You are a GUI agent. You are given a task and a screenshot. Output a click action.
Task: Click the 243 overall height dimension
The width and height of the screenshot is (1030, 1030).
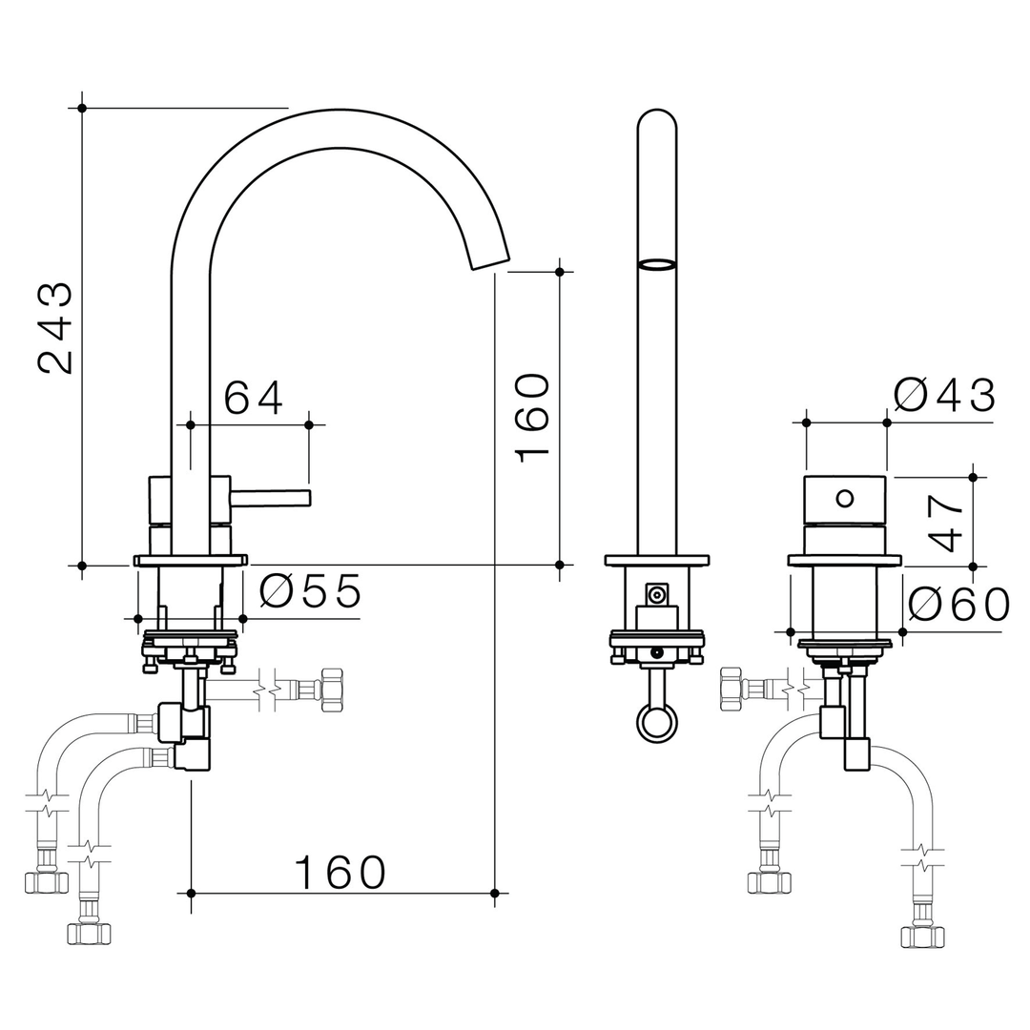(x=55, y=327)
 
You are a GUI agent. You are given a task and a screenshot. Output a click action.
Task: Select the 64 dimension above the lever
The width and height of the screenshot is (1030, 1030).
(x=253, y=398)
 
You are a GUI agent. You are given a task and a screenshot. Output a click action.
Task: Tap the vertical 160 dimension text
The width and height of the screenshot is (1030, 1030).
(x=532, y=418)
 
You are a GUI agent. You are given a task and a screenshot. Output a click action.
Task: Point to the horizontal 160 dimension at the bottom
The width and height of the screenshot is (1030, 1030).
(x=340, y=872)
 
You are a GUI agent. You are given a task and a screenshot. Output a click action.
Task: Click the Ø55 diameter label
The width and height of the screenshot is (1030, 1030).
(x=311, y=592)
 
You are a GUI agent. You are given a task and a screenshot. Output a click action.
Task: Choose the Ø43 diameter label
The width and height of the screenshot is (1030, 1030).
(x=944, y=395)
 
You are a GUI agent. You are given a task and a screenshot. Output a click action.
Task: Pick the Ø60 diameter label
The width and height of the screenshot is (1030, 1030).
(x=958, y=605)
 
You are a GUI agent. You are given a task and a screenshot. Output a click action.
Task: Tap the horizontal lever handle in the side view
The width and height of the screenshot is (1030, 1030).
(x=271, y=497)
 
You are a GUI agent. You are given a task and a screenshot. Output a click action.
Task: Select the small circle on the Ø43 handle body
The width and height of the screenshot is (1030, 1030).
(x=844, y=497)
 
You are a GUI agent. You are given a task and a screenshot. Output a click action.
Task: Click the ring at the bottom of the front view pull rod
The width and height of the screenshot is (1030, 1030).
(x=657, y=722)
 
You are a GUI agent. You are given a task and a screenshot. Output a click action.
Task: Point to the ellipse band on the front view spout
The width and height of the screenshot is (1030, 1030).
(x=656, y=264)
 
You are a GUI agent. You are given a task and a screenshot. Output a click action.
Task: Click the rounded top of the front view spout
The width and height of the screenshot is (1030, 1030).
(x=656, y=119)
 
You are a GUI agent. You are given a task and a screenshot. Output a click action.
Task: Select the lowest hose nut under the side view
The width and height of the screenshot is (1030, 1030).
(x=89, y=932)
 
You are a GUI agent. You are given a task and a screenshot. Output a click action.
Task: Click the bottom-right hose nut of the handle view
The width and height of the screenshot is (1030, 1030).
(x=922, y=936)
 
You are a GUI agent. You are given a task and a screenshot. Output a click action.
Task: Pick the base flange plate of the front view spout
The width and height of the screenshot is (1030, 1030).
(x=657, y=561)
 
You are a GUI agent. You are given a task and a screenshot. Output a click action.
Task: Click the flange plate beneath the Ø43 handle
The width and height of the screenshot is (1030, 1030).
(x=844, y=561)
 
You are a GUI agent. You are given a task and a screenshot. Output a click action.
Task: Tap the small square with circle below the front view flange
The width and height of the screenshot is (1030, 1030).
(x=656, y=595)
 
